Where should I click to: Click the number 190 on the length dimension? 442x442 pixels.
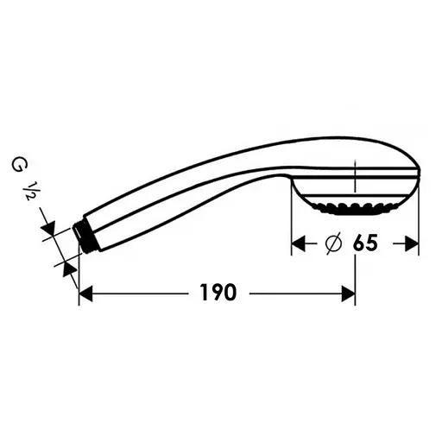[x=218, y=293]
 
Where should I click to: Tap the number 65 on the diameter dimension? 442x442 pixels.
[x=365, y=243]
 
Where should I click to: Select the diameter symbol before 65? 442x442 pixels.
[x=333, y=243]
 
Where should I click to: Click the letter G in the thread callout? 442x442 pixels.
[x=17, y=166]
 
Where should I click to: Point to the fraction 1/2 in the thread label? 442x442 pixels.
[x=29, y=191]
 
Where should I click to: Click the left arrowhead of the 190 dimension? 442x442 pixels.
[x=85, y=294]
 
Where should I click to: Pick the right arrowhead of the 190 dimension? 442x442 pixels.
[x=348, y=294]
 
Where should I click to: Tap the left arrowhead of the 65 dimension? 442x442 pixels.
[x=299, y=243]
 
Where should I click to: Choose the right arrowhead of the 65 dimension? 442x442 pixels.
[x=412, y=243]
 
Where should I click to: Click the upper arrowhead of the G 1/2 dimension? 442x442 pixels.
[x=49, y=228]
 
